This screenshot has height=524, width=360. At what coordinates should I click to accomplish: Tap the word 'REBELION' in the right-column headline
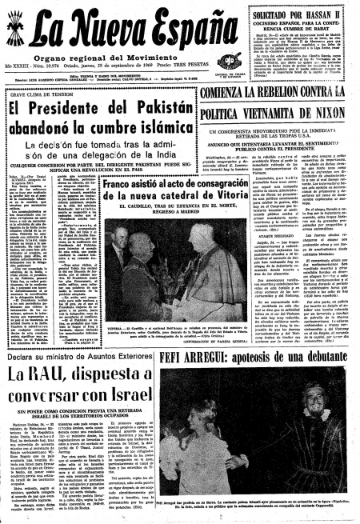pyautogui.click(x=295, y=96)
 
